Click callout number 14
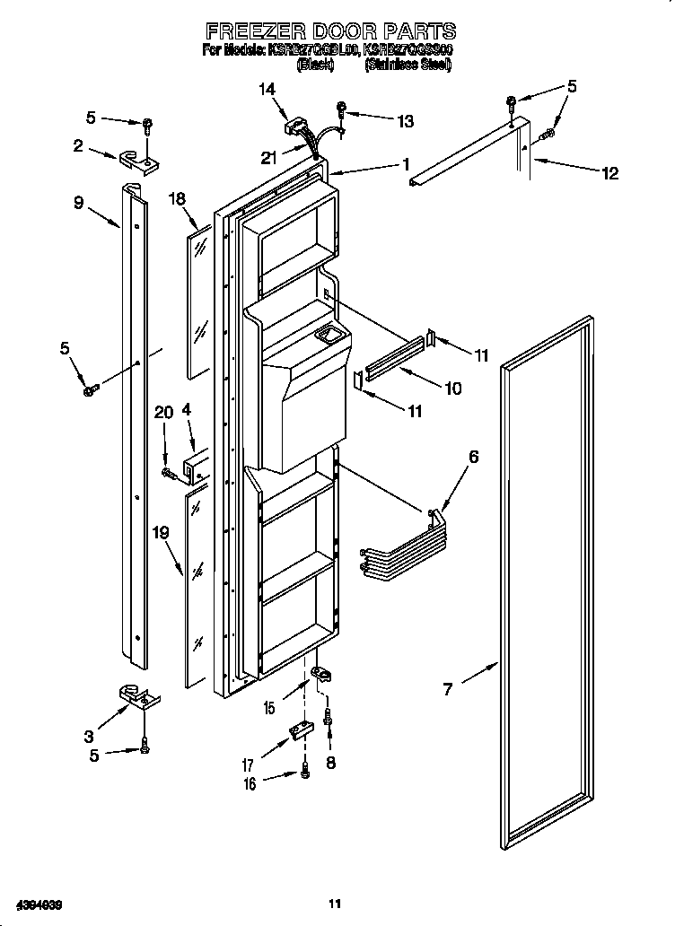click(x=267, y=89)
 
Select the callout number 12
click(x=609, y=173)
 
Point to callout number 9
click(x=79, y=204)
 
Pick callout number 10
click(x=452, y=389)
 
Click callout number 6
click(x=473, y=457)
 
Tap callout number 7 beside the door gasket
click(x=446, y=689)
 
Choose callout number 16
click(x=250, y=784)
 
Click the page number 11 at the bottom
click(x=335, y=904)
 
